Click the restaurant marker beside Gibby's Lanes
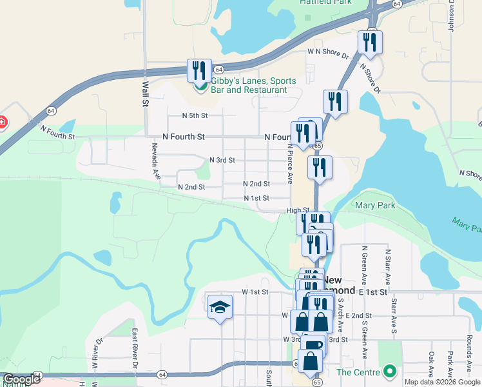tap(199, 70)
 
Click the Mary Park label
tap(375, 206)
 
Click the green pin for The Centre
tap(389, 372)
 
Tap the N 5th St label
tap(195, 115)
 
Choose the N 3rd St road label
tap(222, 160)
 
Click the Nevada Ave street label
tap(155, 161)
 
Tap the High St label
tap(298, 210)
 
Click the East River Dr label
tap(135, 348)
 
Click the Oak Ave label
tap(430, 365)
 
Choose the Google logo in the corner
tap(21, 380)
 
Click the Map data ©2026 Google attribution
tap(442, 382)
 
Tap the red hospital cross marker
tap(2, 121)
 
